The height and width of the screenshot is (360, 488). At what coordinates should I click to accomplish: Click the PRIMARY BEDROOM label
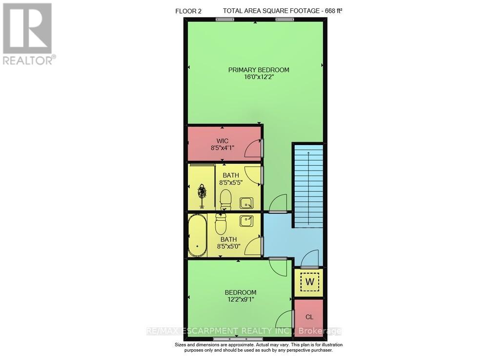point(259,70)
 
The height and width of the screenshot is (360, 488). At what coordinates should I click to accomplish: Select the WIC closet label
point(223,141)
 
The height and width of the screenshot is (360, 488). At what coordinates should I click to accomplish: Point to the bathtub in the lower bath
point(198,236)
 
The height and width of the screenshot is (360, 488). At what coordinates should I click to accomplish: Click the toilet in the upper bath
point(225,199)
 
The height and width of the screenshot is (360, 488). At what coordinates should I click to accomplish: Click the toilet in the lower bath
point(220,225)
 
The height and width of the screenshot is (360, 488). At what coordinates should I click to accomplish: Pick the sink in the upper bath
point(246,203)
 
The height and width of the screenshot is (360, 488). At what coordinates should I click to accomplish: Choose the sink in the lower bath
point(246,221)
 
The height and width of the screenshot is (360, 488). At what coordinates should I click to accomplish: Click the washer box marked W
point(309,282)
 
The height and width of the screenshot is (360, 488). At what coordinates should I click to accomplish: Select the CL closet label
point(309,317)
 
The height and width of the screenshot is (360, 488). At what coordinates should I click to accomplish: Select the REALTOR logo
point(28,34)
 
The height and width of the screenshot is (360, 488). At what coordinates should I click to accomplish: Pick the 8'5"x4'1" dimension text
point(223,148)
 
